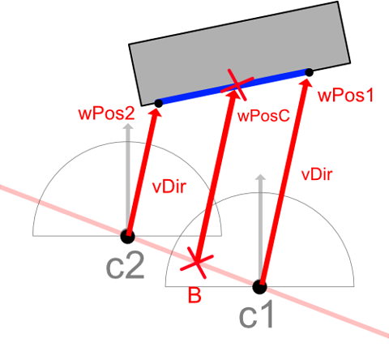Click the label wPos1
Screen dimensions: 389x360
[345, 96]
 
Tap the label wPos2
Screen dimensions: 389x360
[106, 114]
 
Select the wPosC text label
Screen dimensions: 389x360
[263, 116]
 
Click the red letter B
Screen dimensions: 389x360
[194, 295]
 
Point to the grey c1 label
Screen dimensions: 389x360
[256, 315]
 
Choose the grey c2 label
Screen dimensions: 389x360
[125, 266]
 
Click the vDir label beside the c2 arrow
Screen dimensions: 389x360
[169, 186]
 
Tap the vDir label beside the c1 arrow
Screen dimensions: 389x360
[317, 174]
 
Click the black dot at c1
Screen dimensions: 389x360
[260, 286]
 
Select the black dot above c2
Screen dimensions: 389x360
[127, 237]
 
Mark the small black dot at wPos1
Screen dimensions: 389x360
[309, 72]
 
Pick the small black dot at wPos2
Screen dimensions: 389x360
[158, 103]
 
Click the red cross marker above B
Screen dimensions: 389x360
[197, 263]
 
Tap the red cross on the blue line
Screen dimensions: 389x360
[237, 84]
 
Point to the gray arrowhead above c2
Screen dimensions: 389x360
[128, 126]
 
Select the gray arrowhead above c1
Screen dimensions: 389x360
[261, 177]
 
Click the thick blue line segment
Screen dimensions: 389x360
[233, 88]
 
